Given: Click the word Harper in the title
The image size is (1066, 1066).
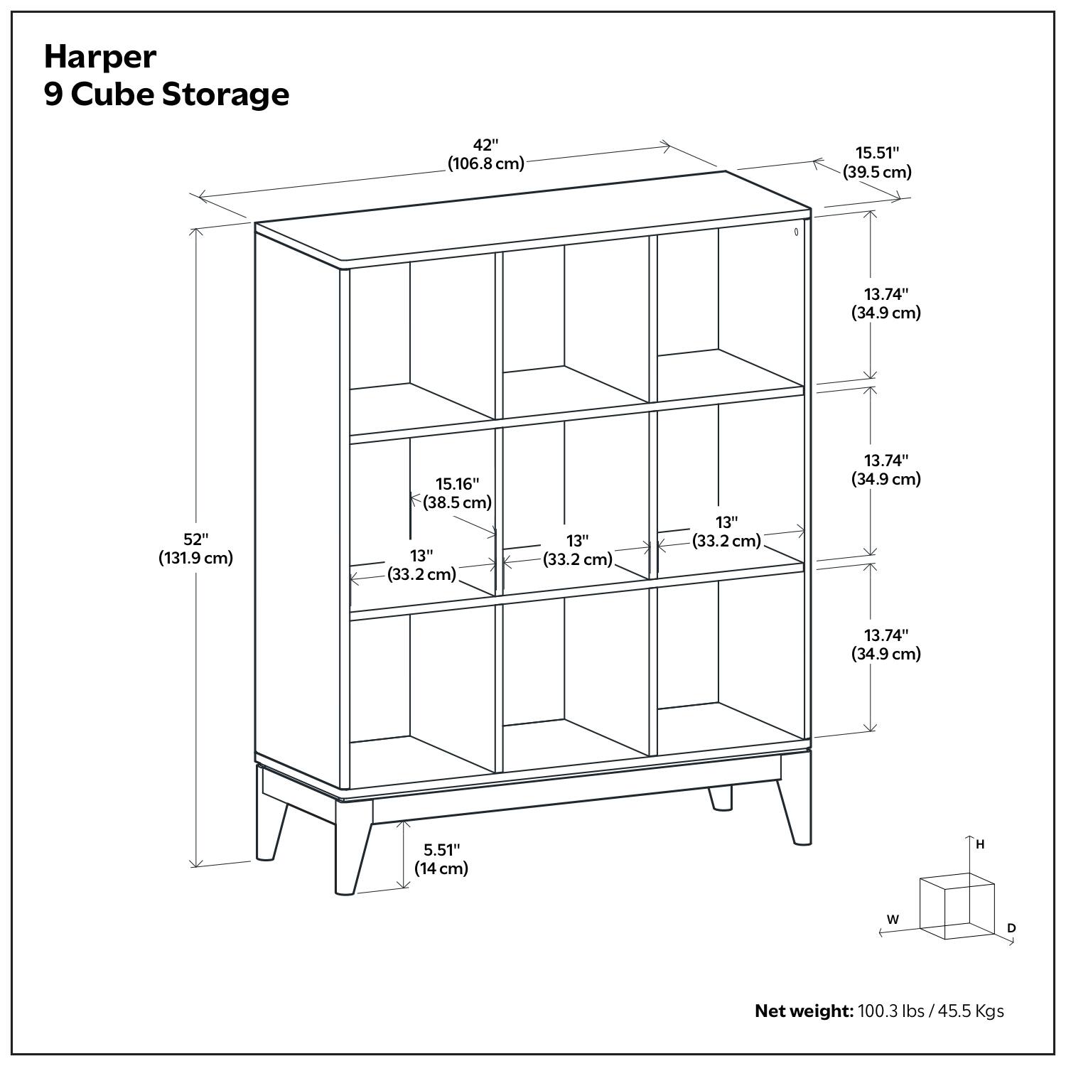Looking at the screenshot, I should pos(99,58).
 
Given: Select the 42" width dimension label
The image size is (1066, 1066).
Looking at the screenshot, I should pos(486,145).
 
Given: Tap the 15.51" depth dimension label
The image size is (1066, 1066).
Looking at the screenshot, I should pos(877,152).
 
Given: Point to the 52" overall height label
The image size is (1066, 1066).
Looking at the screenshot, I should pos(195,539).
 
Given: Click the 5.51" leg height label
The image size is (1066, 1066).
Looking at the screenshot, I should pos(441,849).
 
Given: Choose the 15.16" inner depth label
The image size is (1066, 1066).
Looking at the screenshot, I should pos(457,484).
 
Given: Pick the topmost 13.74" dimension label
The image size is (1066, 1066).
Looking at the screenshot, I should pos(886,294).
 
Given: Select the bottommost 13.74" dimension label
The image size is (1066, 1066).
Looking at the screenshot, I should pos(886,635).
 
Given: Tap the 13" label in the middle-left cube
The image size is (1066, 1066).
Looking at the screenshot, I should pos(421,554).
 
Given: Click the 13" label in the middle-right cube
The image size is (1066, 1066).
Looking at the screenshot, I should pos(726,522).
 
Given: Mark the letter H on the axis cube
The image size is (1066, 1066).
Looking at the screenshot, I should pos(980,844).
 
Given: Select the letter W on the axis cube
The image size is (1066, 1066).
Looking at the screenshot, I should pos(893,919).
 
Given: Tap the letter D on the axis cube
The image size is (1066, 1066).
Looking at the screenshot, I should pos(1011,928).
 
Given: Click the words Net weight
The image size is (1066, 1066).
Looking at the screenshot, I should pos(803,1011).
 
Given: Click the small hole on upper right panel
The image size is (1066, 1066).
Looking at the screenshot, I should pos(797,231).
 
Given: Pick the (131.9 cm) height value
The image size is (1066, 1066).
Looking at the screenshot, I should pos(195,559).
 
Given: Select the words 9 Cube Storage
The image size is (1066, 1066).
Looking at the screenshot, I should pos(166,95).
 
